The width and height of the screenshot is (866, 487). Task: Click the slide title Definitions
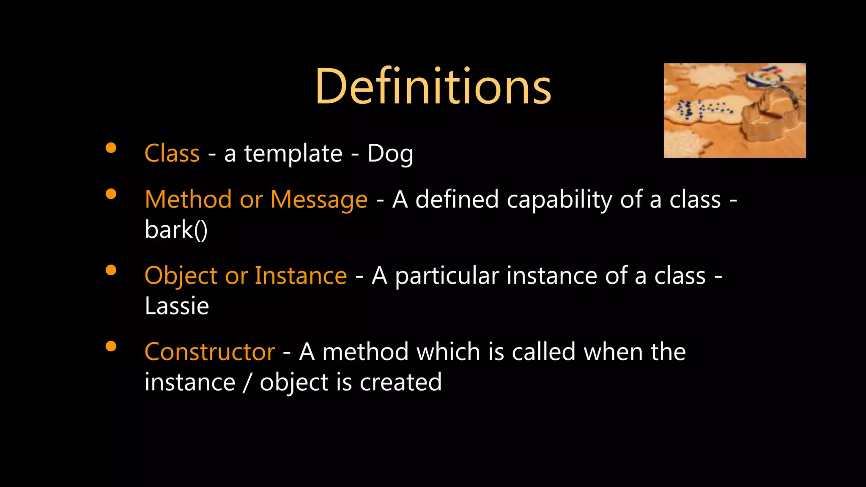click(x=433, y=87)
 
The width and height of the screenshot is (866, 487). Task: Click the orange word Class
click(x=172, y=153)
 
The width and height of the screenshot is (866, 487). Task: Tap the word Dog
click(x=390, y=154)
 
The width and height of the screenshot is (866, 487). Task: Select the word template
click(x=293, y=154)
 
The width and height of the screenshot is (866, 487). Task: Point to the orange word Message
click(x=319, y=200)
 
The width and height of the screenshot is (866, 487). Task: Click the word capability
click(x=559, y=200)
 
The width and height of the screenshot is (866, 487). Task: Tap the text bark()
click(x=176, y=230)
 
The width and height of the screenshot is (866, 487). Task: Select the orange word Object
click(x=181, y=276)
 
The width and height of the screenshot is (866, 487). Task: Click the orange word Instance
click(x=301, y=276)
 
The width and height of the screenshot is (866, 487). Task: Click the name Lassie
click(x=177, y=306)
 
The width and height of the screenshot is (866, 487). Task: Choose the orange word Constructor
click(x=210, y=352)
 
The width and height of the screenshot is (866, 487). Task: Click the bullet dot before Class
click(x=111, y=148)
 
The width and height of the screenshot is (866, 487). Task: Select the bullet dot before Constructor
click(x=111, y=346)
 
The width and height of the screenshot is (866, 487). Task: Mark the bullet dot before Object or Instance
click(x=111, y=270)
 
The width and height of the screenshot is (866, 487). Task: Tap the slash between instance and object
click(x=247, y=383)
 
